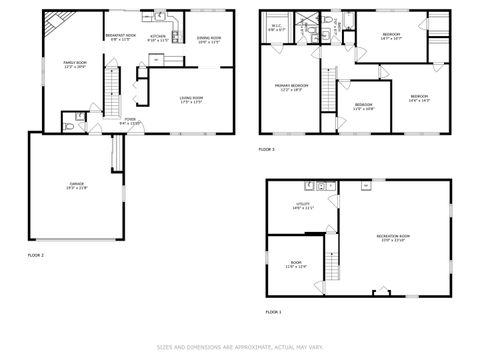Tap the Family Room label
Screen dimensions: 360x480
click(76, 65)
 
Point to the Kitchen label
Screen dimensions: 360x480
click(158, 39)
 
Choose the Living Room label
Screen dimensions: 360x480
click(191, 99)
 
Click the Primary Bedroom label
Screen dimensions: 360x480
click(292, 88)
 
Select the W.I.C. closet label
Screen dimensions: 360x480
click(276, 29)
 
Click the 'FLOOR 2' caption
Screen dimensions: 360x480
click(35, 255)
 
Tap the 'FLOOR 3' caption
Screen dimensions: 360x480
click(266, 149)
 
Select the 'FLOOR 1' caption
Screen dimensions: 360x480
click(274, 312)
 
